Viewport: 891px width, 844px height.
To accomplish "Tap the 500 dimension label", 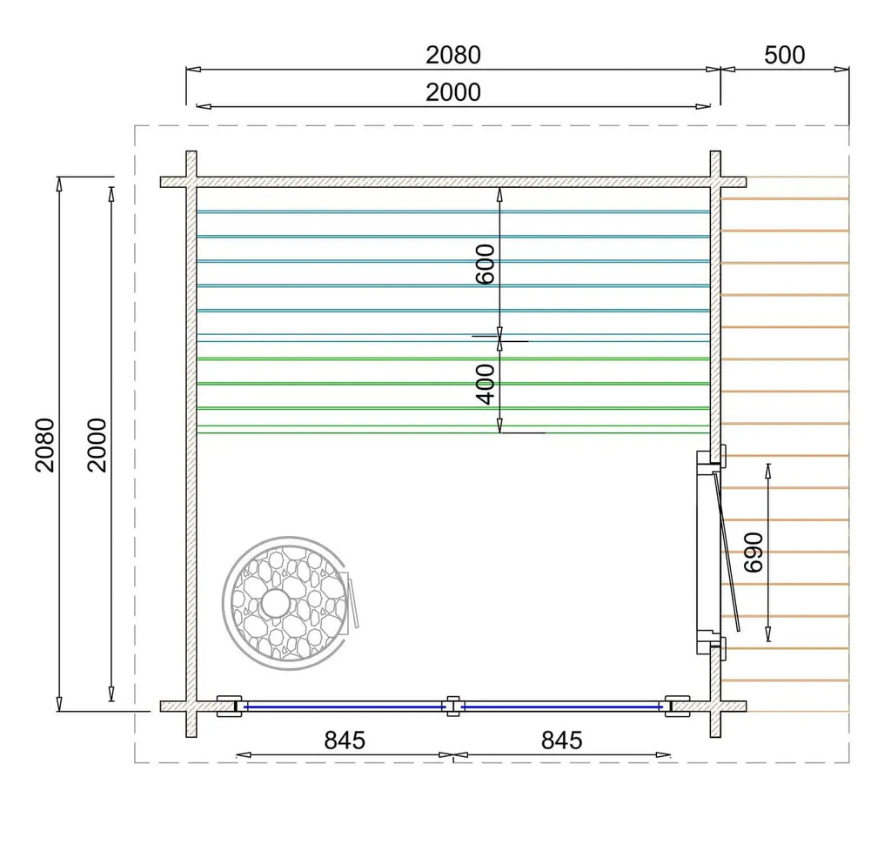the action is click(x=784, y=55).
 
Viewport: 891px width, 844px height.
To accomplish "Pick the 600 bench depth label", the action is click(x=486, y=264).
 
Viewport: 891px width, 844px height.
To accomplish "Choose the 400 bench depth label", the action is click(x=486, y=385).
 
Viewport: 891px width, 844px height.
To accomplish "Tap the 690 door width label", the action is click(x=754, y=553).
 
